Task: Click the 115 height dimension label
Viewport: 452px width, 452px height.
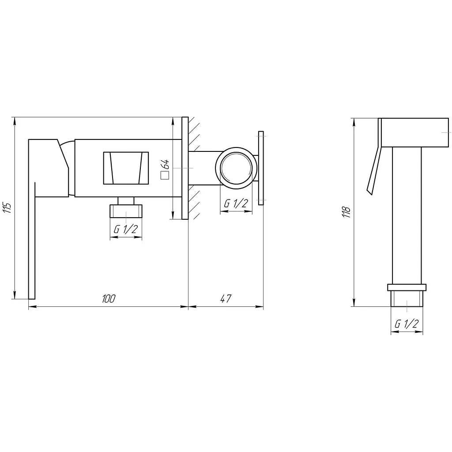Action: [x=8, y=207]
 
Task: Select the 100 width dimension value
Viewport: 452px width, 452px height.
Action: [x=109, y=298]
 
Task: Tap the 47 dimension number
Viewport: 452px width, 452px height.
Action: [x=226, y=298]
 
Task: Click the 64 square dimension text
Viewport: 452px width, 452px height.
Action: [x=166, y=164]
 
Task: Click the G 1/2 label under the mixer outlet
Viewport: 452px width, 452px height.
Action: [x=126, y=229]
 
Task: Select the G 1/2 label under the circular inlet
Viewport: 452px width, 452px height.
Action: [x=236, y=203]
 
